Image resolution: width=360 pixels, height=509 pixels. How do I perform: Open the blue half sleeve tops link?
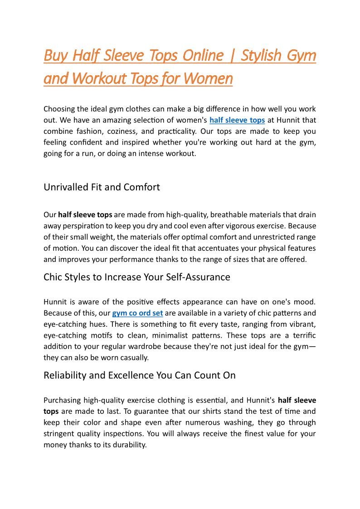(237, 120)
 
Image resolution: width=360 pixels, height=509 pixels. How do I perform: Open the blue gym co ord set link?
(137, 313)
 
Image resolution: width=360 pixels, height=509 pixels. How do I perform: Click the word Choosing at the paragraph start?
(60, 109)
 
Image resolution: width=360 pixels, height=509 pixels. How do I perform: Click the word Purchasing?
(62, 400)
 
